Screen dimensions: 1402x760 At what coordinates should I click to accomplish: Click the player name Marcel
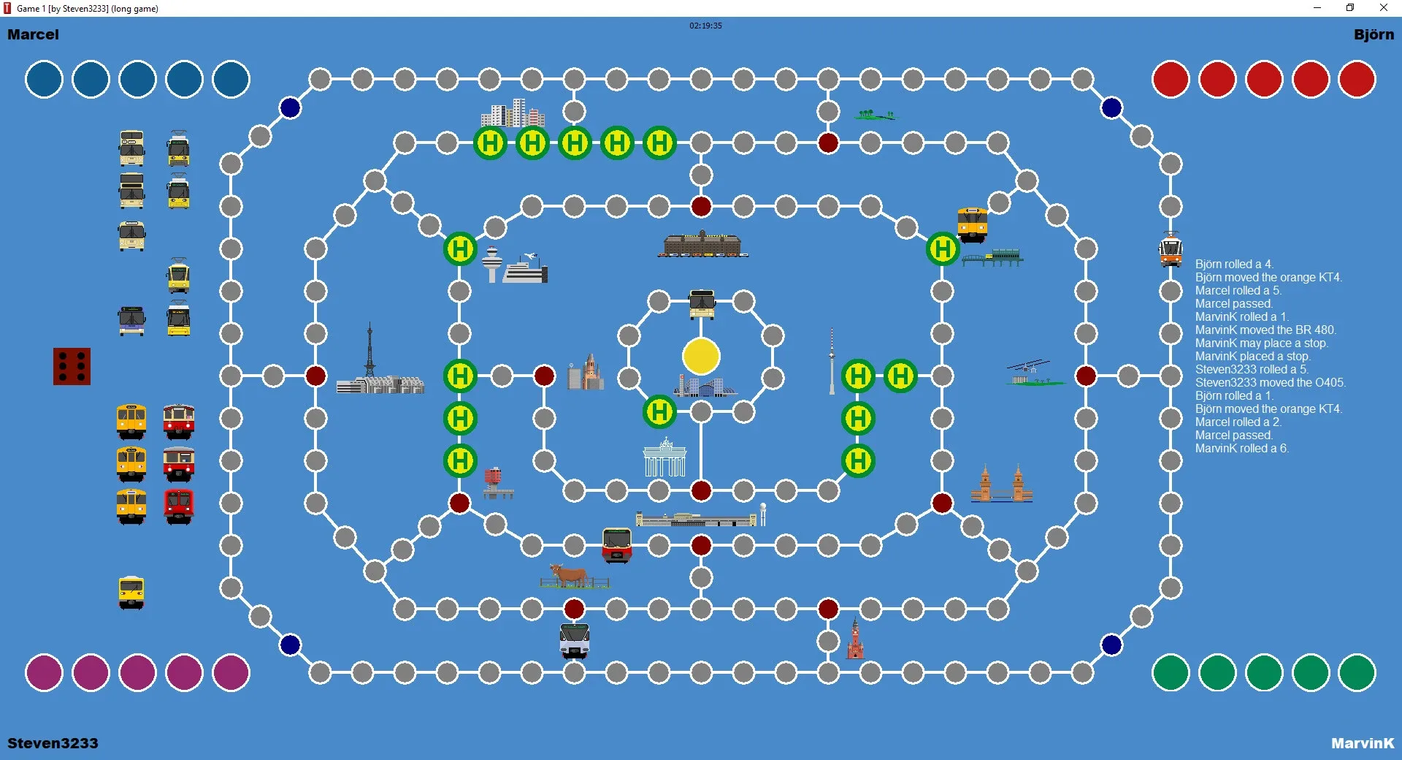pos(33,34)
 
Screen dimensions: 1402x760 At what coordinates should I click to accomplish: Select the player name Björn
pos(1374,35)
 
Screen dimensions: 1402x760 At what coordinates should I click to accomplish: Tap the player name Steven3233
pos(53,743)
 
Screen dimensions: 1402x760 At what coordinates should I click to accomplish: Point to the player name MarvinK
pos(1363,743)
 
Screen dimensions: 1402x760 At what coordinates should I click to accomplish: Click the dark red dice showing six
pos(72,366)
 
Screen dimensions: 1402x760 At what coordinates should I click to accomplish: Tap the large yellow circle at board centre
pos(701,356)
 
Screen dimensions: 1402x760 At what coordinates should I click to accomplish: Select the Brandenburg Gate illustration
pos(664,458)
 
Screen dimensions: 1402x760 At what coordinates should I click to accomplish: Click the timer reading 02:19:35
pos(705,26)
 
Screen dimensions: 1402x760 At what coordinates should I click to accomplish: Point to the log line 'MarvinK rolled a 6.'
pos(1241,449)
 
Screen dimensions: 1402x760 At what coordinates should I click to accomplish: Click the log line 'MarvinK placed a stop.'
pos(1252,357)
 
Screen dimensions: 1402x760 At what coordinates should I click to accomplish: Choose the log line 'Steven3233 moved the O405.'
pos(1270,383)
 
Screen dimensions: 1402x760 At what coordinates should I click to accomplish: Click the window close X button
pos(1383,8)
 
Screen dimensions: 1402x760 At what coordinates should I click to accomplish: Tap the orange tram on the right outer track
pos(1171,249)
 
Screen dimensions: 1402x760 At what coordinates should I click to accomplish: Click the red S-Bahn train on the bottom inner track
pos(617,545)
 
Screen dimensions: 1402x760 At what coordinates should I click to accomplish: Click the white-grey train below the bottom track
pos(575,641)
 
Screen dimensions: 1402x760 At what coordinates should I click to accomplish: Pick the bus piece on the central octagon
pos(702,304)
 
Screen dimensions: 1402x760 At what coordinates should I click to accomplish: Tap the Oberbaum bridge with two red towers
pos(1002,484)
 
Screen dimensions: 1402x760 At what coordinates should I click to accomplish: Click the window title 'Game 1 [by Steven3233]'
pos(62,9)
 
